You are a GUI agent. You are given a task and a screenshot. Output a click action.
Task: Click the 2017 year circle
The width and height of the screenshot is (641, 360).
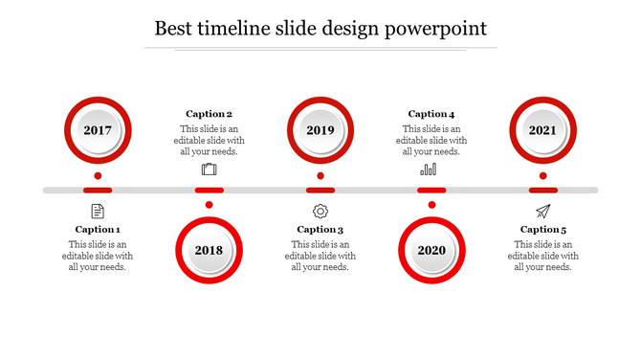pyautogui.click(x=98, y=130)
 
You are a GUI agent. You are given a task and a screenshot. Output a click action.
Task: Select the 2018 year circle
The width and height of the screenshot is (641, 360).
pyautogui.click(x=209, y=251)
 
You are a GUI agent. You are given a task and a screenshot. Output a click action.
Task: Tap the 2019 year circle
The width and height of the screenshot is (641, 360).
pyautogui.click(x=320, y=130)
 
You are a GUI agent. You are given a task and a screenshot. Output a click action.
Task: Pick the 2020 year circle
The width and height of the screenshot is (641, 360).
pyautogui.click(x=431, y=251)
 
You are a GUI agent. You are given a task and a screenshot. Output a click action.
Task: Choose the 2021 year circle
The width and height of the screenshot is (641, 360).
pyautogui.click(x=542, y=130)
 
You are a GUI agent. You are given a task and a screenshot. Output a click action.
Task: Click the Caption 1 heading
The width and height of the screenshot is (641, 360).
pyautogui.click(x=98, y=230)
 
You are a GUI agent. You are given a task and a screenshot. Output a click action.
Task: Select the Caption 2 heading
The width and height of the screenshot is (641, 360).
pyautogui.click(x=209, y=114)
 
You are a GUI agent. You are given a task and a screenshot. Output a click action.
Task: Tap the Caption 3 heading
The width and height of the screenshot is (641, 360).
pyautogui.click(x=320, y=230)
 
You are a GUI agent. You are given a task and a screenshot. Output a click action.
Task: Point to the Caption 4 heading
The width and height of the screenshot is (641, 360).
pyautogui.click(x=431, y=114)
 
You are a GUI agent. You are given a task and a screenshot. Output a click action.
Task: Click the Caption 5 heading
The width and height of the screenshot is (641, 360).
pyautogui.click(x=542, y=230)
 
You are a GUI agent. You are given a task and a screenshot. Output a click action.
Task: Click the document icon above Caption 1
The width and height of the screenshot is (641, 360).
pyautogui.click(x=98, y=211)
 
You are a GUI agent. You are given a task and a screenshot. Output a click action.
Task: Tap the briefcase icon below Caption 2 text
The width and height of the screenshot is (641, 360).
pyautogui.click(x=209, y=169)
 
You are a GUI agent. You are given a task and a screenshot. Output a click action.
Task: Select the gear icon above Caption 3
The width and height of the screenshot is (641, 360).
pyautogui.click(x=320, y=211)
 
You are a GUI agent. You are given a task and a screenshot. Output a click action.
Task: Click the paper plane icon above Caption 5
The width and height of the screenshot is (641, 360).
pyautogui.click(x=542, y=211)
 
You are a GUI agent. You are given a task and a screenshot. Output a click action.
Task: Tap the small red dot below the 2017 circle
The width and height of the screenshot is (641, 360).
pyautogui.click(x=98, y=176)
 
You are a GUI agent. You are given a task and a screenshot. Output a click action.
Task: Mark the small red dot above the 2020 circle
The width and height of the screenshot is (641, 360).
pyautogui.click(x=431, y=205)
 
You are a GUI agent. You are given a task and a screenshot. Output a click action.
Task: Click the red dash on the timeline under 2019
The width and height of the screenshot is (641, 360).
pyautogui.click(x=320, y=191)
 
